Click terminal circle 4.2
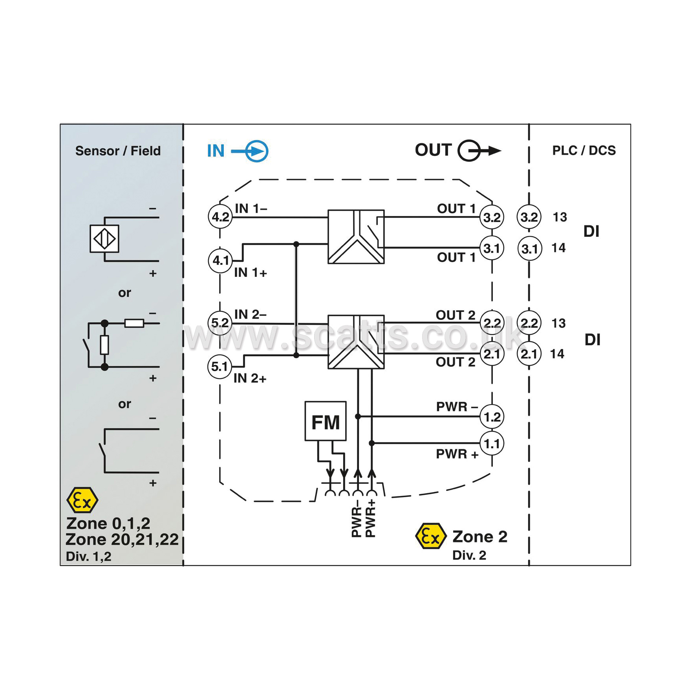pos(220,216)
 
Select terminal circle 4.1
pos(220,260)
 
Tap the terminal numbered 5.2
pos(220,323)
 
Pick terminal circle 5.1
pos(220,366)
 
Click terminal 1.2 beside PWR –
pos(492,417)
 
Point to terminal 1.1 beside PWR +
pos(492,443)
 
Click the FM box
pos(326,421)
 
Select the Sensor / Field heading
pos(118,151)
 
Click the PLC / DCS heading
pos(584,150)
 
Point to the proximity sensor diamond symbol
pos(104,238)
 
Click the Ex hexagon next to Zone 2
pos(431,536)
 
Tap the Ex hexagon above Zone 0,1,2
pos(82,500)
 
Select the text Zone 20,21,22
pos(122,539)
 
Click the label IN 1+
pos(251,273)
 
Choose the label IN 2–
pos(251,314)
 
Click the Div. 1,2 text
pos(89,556)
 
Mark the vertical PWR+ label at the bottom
pos(370,518)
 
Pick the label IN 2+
pos(250,378)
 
